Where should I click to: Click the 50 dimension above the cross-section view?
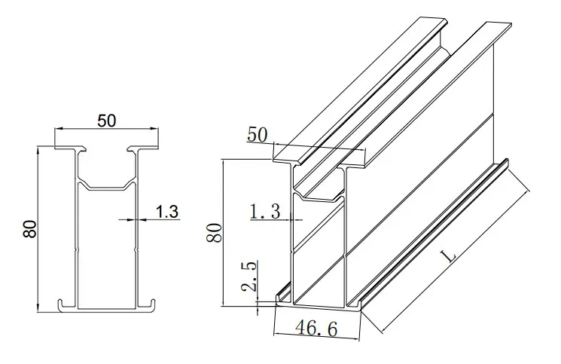(x=106, y=121)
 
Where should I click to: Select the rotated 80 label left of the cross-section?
(x=29, y=228)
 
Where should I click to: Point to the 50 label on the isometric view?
(x=258, y=135)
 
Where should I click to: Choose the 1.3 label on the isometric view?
(x=264, y=213)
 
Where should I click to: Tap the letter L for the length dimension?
(x=450, y=256)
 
